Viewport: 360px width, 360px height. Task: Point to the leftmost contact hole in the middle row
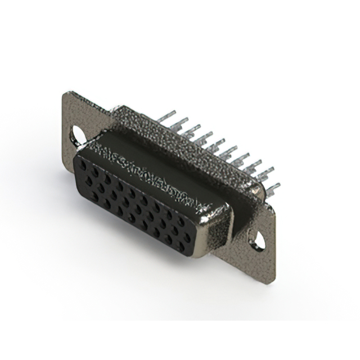pyautogui.click(x=89, y=181)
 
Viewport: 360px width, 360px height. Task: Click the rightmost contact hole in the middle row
pyautogui.click(x=187, y=237)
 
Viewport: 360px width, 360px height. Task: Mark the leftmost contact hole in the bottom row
pyautogui.click(x=94, y=196)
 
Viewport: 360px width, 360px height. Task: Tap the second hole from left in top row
pyautogui.click(x=96, y=172)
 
